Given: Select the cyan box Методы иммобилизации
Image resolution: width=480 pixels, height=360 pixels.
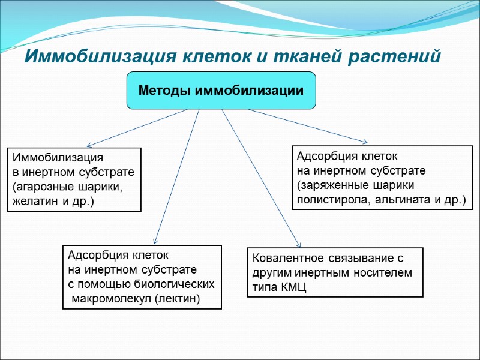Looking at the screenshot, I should [221, 91].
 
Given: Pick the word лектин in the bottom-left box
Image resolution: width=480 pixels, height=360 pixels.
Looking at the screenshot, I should [184, 298].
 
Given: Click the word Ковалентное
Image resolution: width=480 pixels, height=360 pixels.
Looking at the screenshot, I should [287, 259].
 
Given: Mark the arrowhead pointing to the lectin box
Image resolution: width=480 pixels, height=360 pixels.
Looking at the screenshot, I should [155, 240].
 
